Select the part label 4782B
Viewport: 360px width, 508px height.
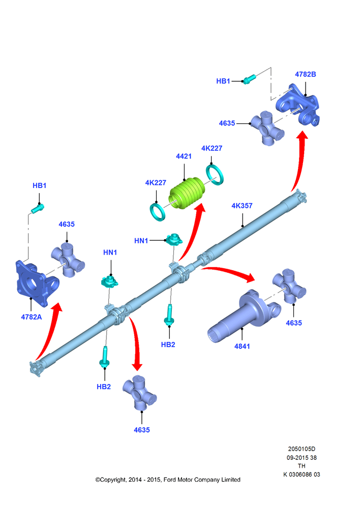pos(305,74)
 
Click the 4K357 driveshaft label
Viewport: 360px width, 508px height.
pos(242,206)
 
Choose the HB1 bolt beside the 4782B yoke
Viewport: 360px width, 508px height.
pos(249,79)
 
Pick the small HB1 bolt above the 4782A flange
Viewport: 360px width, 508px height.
pos(38,208)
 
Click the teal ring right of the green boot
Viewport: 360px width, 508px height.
pos(215,175)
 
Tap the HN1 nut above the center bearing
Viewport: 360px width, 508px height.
pos(173,239)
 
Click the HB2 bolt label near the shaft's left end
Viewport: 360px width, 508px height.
pos(104,387)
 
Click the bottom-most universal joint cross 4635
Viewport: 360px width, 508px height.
pos(139,393)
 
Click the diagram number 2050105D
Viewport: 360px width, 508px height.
pos(302,449)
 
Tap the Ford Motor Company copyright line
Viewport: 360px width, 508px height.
pos(168,480)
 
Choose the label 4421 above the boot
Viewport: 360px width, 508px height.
pos(184,156)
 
